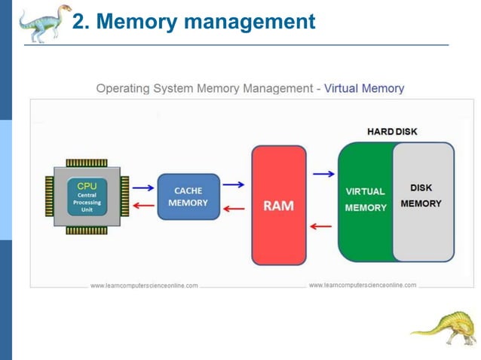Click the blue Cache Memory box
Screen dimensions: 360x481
coord(188,197)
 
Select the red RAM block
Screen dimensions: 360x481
coord(279,206)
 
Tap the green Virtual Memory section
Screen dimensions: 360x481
coord(365,200)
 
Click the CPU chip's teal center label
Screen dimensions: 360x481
coord(87,197)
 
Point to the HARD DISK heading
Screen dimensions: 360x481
coord(391,132)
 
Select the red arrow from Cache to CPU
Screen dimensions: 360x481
coord(142,205)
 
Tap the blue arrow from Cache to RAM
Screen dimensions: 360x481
coord(234,185)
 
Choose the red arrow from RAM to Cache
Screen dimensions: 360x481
coord(234,209)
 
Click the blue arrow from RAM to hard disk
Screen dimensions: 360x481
coord(323,174)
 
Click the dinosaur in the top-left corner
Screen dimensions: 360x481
coord(44,23)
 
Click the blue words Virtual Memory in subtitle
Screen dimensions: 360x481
coord(364,88)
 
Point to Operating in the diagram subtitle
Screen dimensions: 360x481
coord(122,88)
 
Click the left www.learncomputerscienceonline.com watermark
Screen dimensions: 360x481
coord(144,285)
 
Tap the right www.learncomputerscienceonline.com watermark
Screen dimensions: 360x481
coord(362,285)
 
